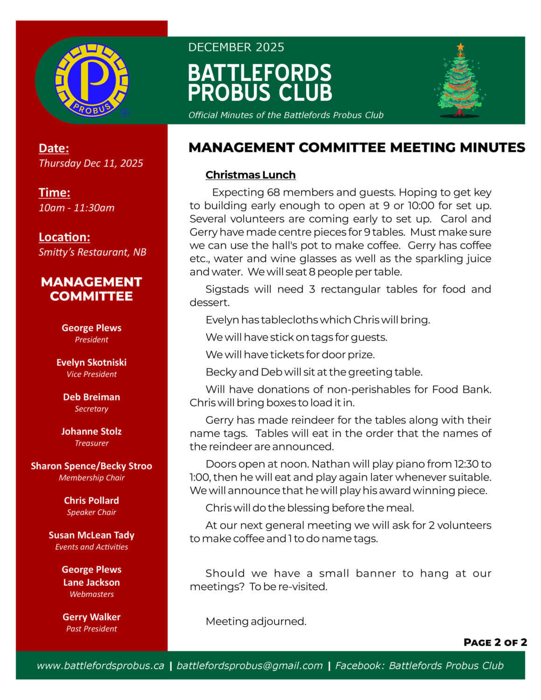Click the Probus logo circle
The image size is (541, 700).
tap(91, 80)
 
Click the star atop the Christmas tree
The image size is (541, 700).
tap(461, 47)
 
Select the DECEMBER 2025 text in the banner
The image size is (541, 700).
tap(236, 47)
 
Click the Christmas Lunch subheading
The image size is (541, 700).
tap(250, 175)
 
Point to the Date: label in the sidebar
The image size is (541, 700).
tap(54, 148)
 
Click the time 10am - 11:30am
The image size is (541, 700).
tap(76, 208)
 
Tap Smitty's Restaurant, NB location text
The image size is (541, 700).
tap(92, 252)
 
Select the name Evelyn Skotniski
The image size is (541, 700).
tap(91, 362)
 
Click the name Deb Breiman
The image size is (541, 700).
tap(91, 397)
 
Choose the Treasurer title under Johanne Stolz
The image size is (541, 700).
tap(91, 443)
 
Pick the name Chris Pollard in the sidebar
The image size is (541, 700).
tap(91, 500)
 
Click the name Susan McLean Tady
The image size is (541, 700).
tap(91, 535)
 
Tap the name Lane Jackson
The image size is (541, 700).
tap(91, 582)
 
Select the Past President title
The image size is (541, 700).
tap(91, 629)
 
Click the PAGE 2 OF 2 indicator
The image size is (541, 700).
tap(495, 642)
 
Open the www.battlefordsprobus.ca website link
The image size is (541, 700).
tap(100, 665)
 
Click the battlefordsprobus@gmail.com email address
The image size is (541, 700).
tap(249, 665)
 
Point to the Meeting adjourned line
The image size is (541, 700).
tap(256, 621)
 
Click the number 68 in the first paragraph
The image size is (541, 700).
tap(273, 192)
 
